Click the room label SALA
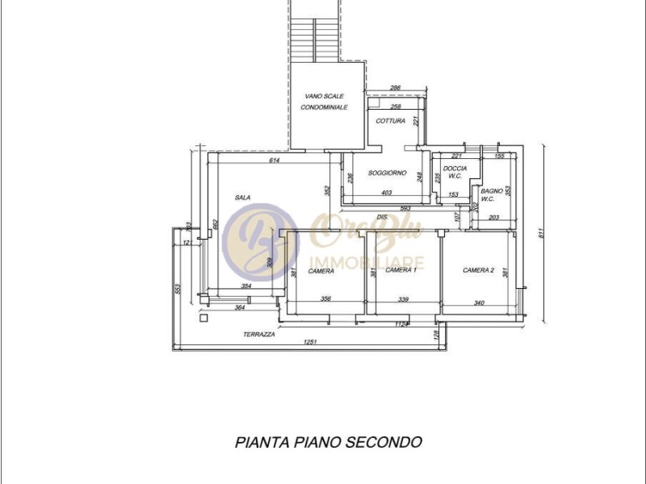tap(242, 198)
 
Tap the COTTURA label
tap(390, 121)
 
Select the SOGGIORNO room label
tap(387, 173)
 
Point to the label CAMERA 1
tap(401, 270)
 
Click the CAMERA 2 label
tap(478, 270)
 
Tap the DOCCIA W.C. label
tap(455, 172)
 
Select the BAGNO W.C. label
tap(492, 194)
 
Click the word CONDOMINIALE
tap(324, 107)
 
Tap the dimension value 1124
tap(402, 324)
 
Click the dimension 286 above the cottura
tap(396, 87)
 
